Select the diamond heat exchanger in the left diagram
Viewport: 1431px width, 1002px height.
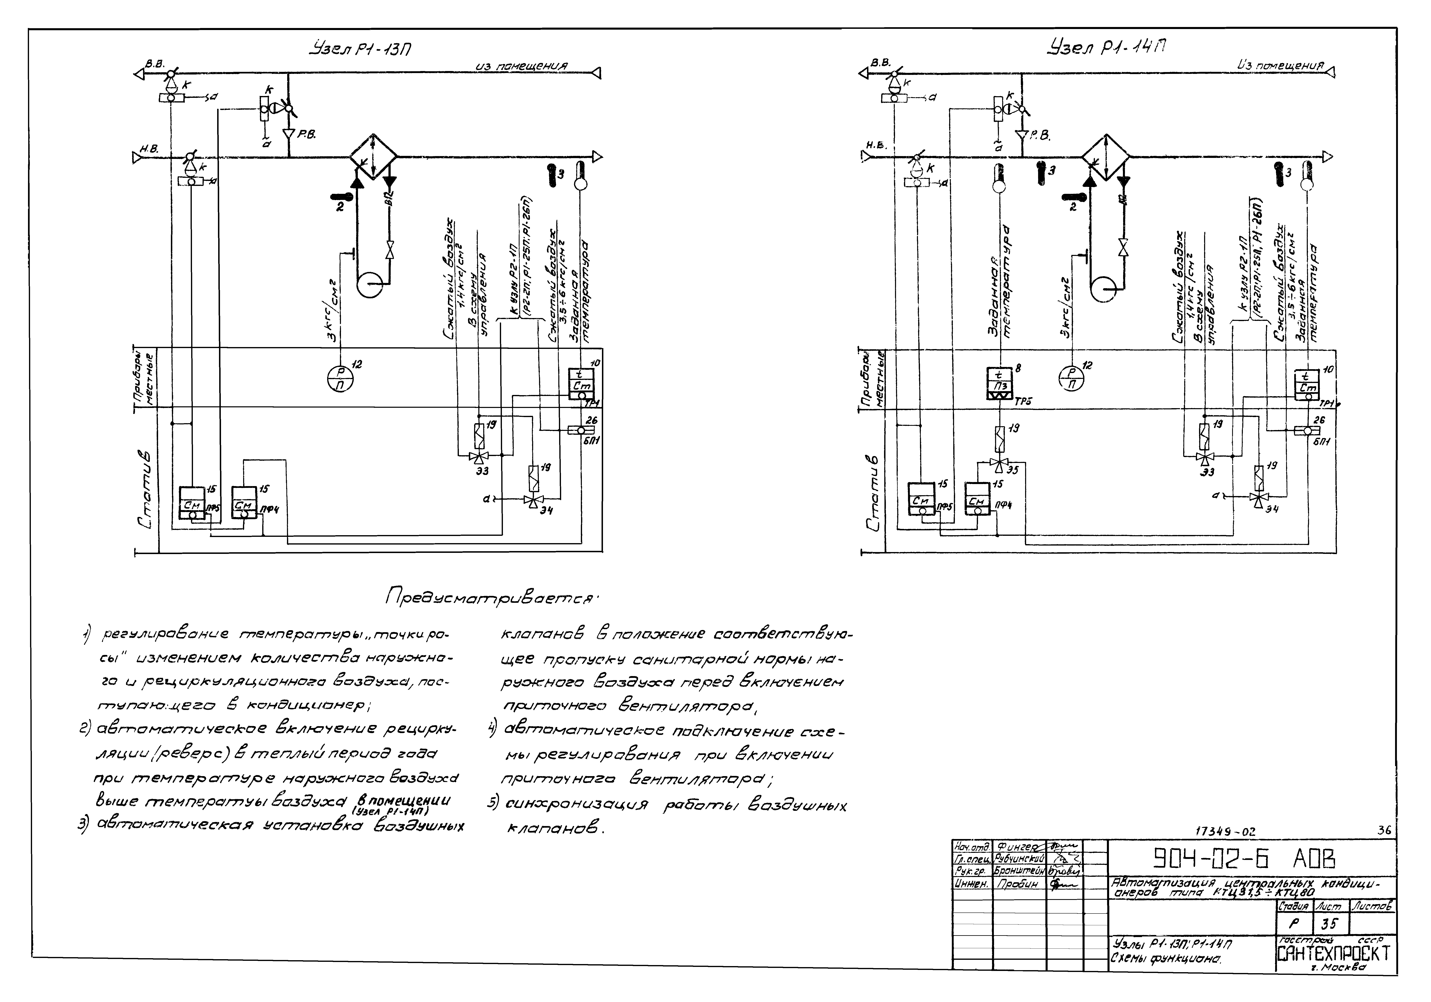tap(372, 157)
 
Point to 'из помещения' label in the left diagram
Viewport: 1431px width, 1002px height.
tap(521, 66)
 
